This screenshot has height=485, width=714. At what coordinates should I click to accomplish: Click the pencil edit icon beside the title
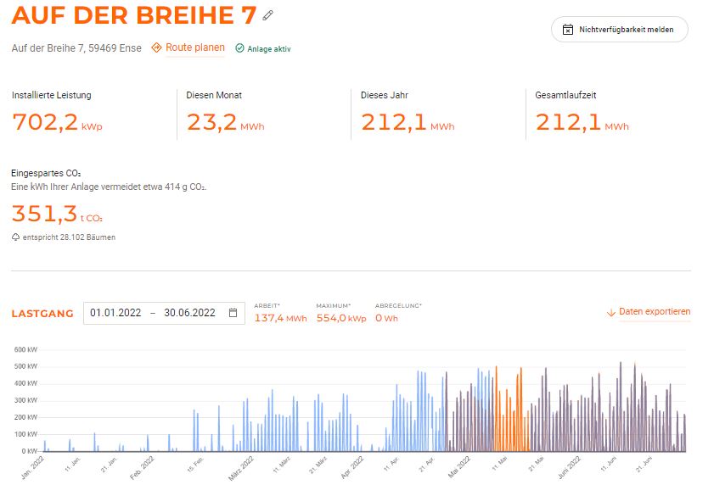click(x=268, y=14)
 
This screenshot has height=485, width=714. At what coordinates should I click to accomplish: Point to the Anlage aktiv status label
click(x=268, y=49)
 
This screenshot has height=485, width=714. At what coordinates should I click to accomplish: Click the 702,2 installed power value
click(x=45, y=122)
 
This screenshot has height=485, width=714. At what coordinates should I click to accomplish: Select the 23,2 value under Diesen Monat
click(x=211, y=122)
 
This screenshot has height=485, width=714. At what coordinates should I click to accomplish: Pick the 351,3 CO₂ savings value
click(x=45, y=213)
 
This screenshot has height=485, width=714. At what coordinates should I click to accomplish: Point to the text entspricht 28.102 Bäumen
click(x=70, y=237)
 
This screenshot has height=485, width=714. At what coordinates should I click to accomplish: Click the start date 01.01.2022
click(x=115, y=313)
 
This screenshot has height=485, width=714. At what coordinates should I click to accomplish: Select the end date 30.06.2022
click(x=189, y=313)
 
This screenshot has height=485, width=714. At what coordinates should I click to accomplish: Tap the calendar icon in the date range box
click(x=233, y=313)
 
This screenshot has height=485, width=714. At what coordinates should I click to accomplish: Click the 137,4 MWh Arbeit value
click(x=279, y=318)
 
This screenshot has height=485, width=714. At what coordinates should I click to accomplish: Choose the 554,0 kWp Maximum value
click(x=340, y=318)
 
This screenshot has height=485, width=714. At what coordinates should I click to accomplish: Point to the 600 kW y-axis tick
click(x=26, y=349)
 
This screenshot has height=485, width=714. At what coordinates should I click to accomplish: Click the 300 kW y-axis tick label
click(x=26, y=400)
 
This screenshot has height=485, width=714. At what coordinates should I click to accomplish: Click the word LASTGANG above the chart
click(x=42, y=314)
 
